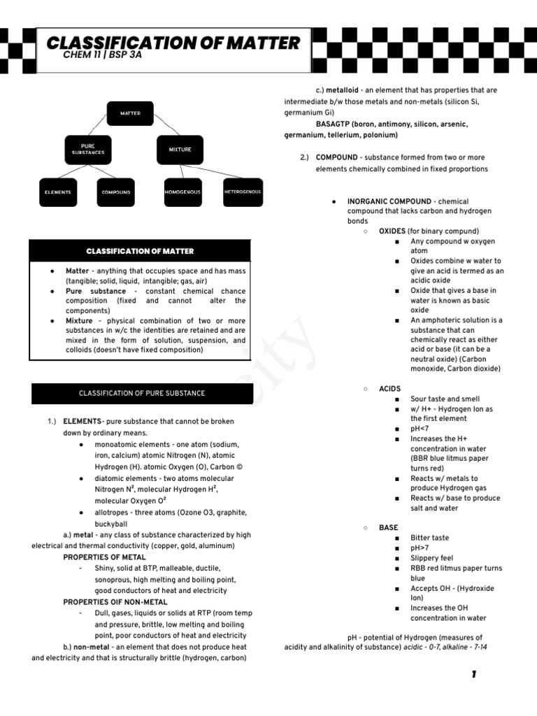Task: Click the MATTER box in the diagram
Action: pos(130,113)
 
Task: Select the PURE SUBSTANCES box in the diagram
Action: pos(87,149)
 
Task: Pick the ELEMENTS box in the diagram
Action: pos(58,192)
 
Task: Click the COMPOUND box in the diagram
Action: pos(115,192)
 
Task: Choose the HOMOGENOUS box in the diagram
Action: pos(182,192)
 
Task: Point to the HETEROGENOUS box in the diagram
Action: pos(243,192)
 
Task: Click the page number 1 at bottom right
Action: pos(473,674)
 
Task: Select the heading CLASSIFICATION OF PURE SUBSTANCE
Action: pos(142,393)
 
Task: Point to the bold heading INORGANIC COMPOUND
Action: pos(389,201)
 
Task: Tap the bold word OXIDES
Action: pos(392,231)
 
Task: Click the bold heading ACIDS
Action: pos(389,389)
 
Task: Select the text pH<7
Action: pos(420,429)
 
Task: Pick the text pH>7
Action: pos(420,548)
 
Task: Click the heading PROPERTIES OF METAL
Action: pos(104,557)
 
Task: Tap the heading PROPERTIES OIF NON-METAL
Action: pos(115,602)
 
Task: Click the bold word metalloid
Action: pos(340,90)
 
